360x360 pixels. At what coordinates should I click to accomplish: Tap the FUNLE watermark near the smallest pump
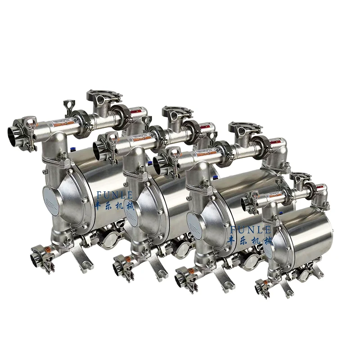pyautogui.click(x=250, y=229)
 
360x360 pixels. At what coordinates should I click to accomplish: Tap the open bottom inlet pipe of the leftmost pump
pyautogui.click(x=36, y=260)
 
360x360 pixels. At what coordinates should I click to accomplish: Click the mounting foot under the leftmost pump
pyautogui.click(x=88, y=265)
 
